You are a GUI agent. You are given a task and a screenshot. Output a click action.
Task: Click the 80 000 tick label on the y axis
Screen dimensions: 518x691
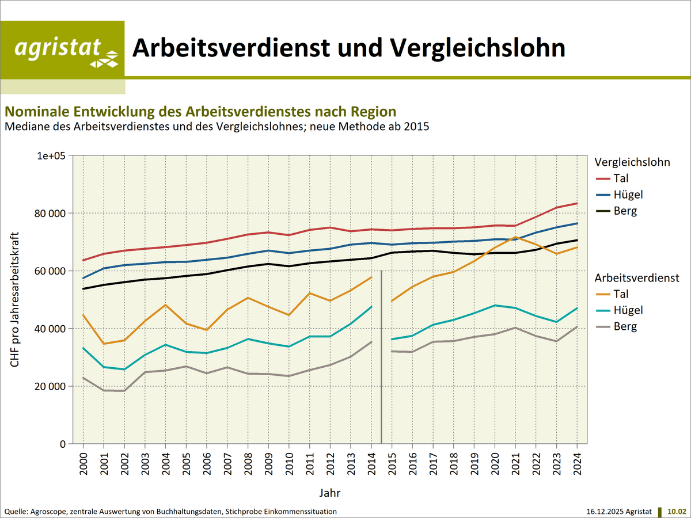(x=48, y=214)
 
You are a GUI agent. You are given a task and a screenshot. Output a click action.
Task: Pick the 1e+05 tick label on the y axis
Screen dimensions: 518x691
(x=51, y=156)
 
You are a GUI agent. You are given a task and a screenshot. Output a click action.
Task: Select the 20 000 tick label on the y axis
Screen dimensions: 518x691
(x=48, y=386)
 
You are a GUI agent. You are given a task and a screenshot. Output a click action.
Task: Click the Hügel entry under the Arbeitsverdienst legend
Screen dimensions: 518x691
(x=628, y=310)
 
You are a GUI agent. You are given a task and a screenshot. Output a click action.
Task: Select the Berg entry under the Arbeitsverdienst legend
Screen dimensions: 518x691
(x=625, y=326)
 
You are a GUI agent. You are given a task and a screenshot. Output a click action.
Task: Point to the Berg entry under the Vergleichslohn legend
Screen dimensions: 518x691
(x=625, y=211)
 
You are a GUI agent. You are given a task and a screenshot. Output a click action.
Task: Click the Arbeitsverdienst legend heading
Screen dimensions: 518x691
(x=637, y=278)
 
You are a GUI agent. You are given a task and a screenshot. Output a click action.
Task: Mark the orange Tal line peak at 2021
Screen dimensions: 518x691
(x=515, y=237)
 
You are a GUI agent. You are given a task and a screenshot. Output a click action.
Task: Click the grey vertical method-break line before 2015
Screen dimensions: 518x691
(x=382, y=357)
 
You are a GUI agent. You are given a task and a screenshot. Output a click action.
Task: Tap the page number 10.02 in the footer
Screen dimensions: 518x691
(x=677, y=511)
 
